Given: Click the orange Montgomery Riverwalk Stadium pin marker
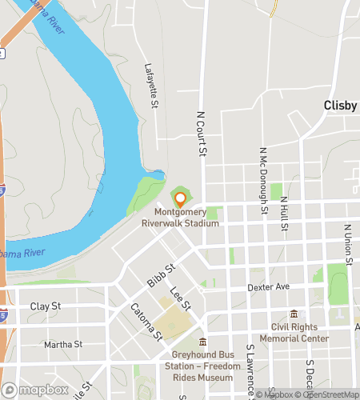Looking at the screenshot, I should click(180, 198).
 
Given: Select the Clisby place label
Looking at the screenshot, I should click(341, 105).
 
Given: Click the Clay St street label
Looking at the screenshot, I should click(46, 306).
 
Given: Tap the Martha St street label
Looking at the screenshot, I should click(63, 345).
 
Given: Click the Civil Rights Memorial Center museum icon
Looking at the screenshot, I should click(294, 314).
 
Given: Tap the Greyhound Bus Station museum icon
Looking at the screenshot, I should click(202, 342).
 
